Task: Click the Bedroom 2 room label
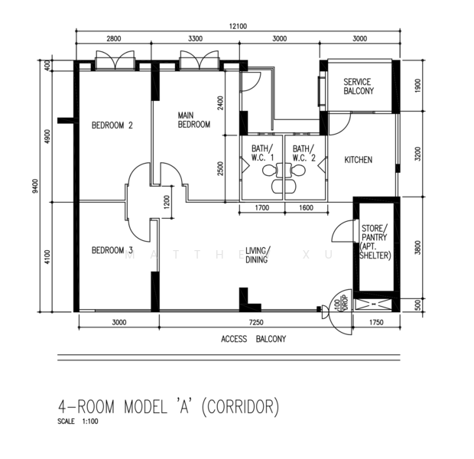pos(112,125)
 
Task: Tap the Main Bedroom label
pos(193,120)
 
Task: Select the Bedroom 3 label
pos(112,250)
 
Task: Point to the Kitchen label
pos(359,160)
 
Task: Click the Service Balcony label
pos(359,86)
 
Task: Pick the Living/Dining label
pos(258,255)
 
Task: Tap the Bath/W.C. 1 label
pos(262,153)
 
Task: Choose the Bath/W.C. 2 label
pos(304,153)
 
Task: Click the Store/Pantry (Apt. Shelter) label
pos(375,242)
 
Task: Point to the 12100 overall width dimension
pos(238,26)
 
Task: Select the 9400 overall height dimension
pos(36,186)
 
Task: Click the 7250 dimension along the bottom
pos(256,323)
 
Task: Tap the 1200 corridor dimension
pos(167,202)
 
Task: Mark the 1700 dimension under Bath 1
pos(262,208)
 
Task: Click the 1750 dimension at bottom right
pos(376,323)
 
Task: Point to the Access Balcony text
pos(253,339)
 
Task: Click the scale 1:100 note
pos(78,422)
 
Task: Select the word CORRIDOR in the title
pos(240,406)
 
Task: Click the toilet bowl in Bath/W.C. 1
pos(269,171)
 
